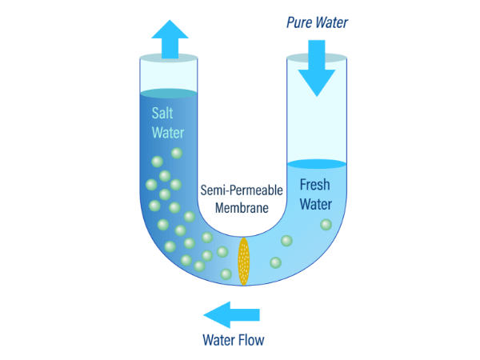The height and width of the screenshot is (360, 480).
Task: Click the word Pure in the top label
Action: [299, 22]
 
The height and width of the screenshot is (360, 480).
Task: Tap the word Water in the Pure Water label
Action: [332, 22]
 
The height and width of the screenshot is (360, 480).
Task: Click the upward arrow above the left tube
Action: [170, 39]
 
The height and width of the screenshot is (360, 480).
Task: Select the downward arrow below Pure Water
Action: [317, 68]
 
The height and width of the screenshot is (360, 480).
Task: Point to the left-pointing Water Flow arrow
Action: [232, 314]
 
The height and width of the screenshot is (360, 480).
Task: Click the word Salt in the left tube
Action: [162, 113]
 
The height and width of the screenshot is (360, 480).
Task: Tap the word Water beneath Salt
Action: [168, 133]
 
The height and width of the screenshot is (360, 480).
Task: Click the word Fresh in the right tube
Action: [314, 185]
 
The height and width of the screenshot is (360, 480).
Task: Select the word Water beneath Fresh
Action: [316, 204]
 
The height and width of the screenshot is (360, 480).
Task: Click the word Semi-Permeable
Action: [242, 190]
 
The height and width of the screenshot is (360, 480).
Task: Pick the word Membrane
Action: [242, 208]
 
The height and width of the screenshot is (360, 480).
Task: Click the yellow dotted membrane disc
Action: [244, 262]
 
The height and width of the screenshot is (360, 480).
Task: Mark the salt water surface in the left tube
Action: [169, 94]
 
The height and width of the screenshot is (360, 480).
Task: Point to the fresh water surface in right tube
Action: [317, 164]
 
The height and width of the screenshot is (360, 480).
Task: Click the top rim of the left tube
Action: [169, 58]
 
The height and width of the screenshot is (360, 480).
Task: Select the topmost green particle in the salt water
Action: [177, 153]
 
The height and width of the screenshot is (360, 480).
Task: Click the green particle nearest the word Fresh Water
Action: [326, 225]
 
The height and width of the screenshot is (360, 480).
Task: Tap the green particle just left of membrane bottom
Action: [226, 274]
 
